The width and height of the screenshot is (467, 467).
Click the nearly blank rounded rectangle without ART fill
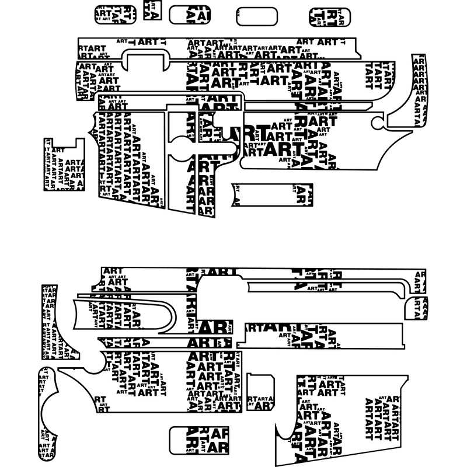pyautogui.click(x=256, y=16)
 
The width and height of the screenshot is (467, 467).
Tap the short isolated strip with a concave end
pyautogui.click(x=272, y=195)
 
